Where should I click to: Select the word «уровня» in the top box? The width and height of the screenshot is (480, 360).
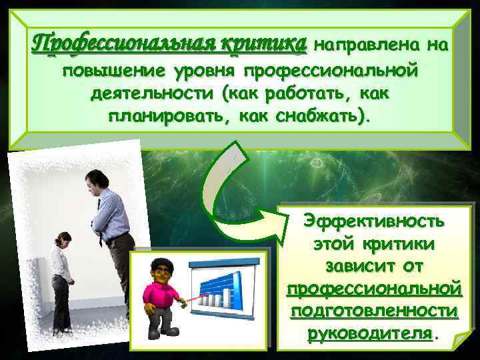209,71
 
